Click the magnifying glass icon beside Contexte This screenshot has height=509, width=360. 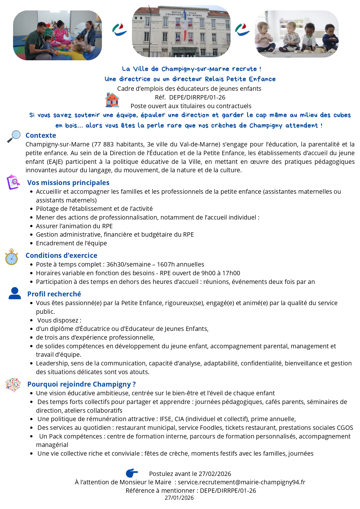pyautogui.click(x=14, y=136)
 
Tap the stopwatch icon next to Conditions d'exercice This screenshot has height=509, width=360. pyautogui.click(x=12, y=257)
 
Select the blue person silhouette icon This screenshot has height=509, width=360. pyautogui.click(x=15, y=293)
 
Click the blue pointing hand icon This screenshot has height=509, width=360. pyautogui.click(x=132, y=473)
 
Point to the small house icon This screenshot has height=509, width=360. pyautogui.click(x=112, y=100)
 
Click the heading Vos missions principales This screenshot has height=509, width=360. pyautogui.click(x=68, y=183)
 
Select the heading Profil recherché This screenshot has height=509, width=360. pyautogui.click(x=54, y=294)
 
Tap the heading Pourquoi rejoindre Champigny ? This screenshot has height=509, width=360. pyautogui.click(x=82, y=384)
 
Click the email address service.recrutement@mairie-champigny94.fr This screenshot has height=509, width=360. pyautogui.click(x=241, y=482)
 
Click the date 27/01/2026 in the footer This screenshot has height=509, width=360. pyautogui.click(x=179, y=498)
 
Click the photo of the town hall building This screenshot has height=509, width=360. pyautogui.click(x=181, y=31)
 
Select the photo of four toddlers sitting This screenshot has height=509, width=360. pyautogui.click(x=296, y=34)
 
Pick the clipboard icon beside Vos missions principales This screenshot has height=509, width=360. pyautogui.click(x=13, y=182)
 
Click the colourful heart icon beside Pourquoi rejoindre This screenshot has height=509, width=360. pyautogui.click(x=13, y=385)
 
